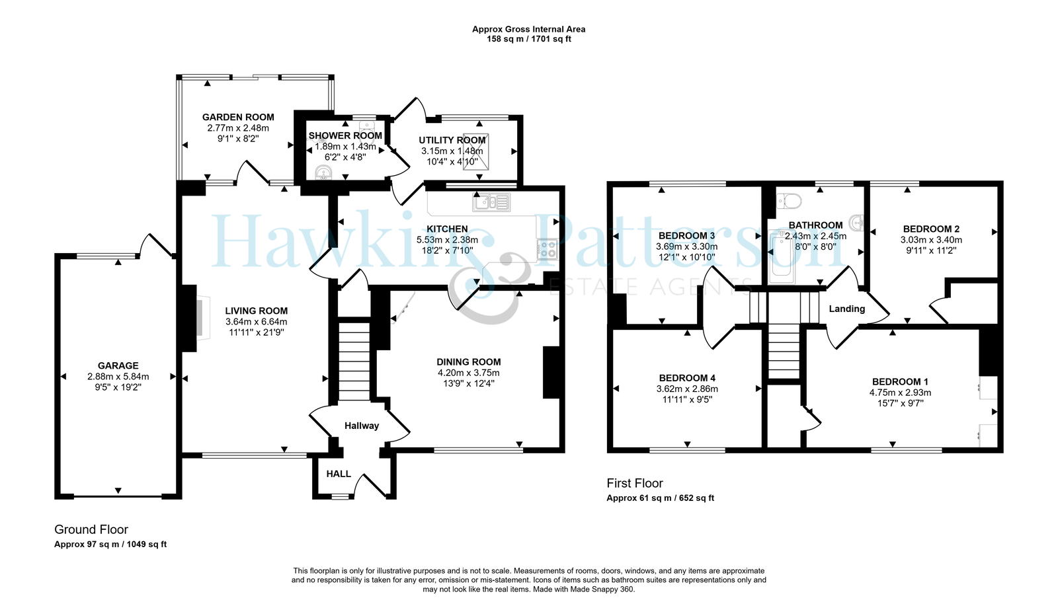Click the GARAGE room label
tap(118, 365)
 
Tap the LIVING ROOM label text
tap(256, 311)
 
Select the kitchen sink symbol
tap(491, 202)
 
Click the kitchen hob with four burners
tap(547, 249)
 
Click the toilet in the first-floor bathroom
tap(789, 202)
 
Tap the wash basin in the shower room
tap(324, 172)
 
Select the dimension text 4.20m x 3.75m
tap(469, 373)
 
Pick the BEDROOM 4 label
tap(687, 377)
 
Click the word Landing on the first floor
tap(847, 309)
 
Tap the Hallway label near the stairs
tap(361, 426)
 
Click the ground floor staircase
tap(354, 361)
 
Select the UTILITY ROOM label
tap(452, 140)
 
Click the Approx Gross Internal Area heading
tap(529, 29)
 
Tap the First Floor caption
tap(635, 483)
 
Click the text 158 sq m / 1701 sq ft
tap(529, 39)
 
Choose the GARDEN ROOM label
tap(238, 117)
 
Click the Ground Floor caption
tap(91, 529)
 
